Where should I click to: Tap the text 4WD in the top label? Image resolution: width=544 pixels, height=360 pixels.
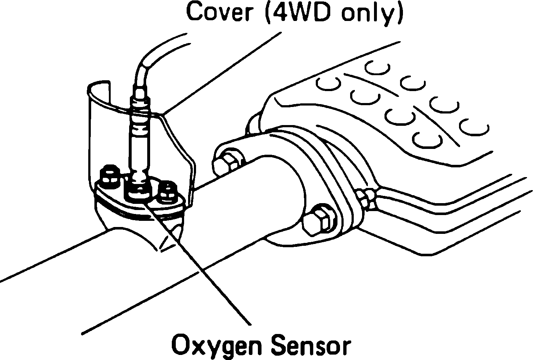pos(299,13)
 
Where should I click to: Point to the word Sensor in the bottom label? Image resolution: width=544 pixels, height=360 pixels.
pos(311,345)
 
